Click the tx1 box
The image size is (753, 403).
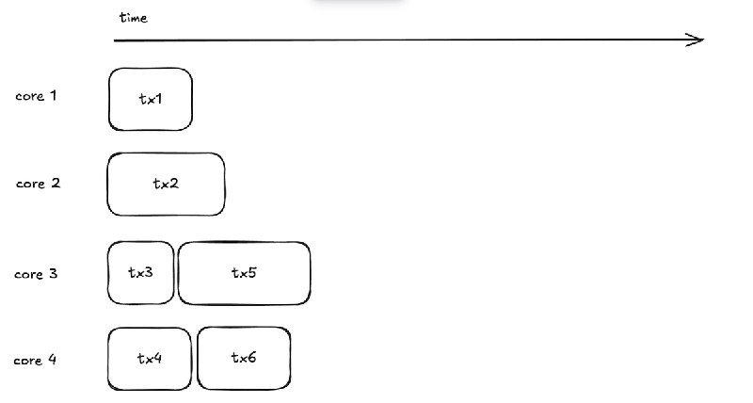(x=151, y=99)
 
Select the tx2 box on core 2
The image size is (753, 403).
(x=167, y=185)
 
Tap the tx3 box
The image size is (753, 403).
(x=141, y=273)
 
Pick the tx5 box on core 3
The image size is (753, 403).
(x=244, y=273)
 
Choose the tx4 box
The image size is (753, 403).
(x=150, y=358)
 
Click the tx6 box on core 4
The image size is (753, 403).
(x=244, y=358)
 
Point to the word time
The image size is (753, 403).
(x=135, y=18)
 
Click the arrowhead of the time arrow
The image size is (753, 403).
(x=697, y=40)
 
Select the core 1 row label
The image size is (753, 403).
(x=36, y=96)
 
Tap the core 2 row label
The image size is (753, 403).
(x=38, y=184)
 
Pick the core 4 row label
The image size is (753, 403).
(x=36, y=360)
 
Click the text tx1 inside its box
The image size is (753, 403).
(x=151, y=99)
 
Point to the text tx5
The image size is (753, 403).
(x=244, y=273)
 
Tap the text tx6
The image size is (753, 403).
(x=244, y=358)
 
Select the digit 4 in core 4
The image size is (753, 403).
(x=53, y=360)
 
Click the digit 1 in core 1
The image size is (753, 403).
(x=55, y=96)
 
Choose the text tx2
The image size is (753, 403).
(x=166, y=184)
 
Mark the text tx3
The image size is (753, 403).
(x=141, y=273)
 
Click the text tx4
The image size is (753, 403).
(x=150, y=358)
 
